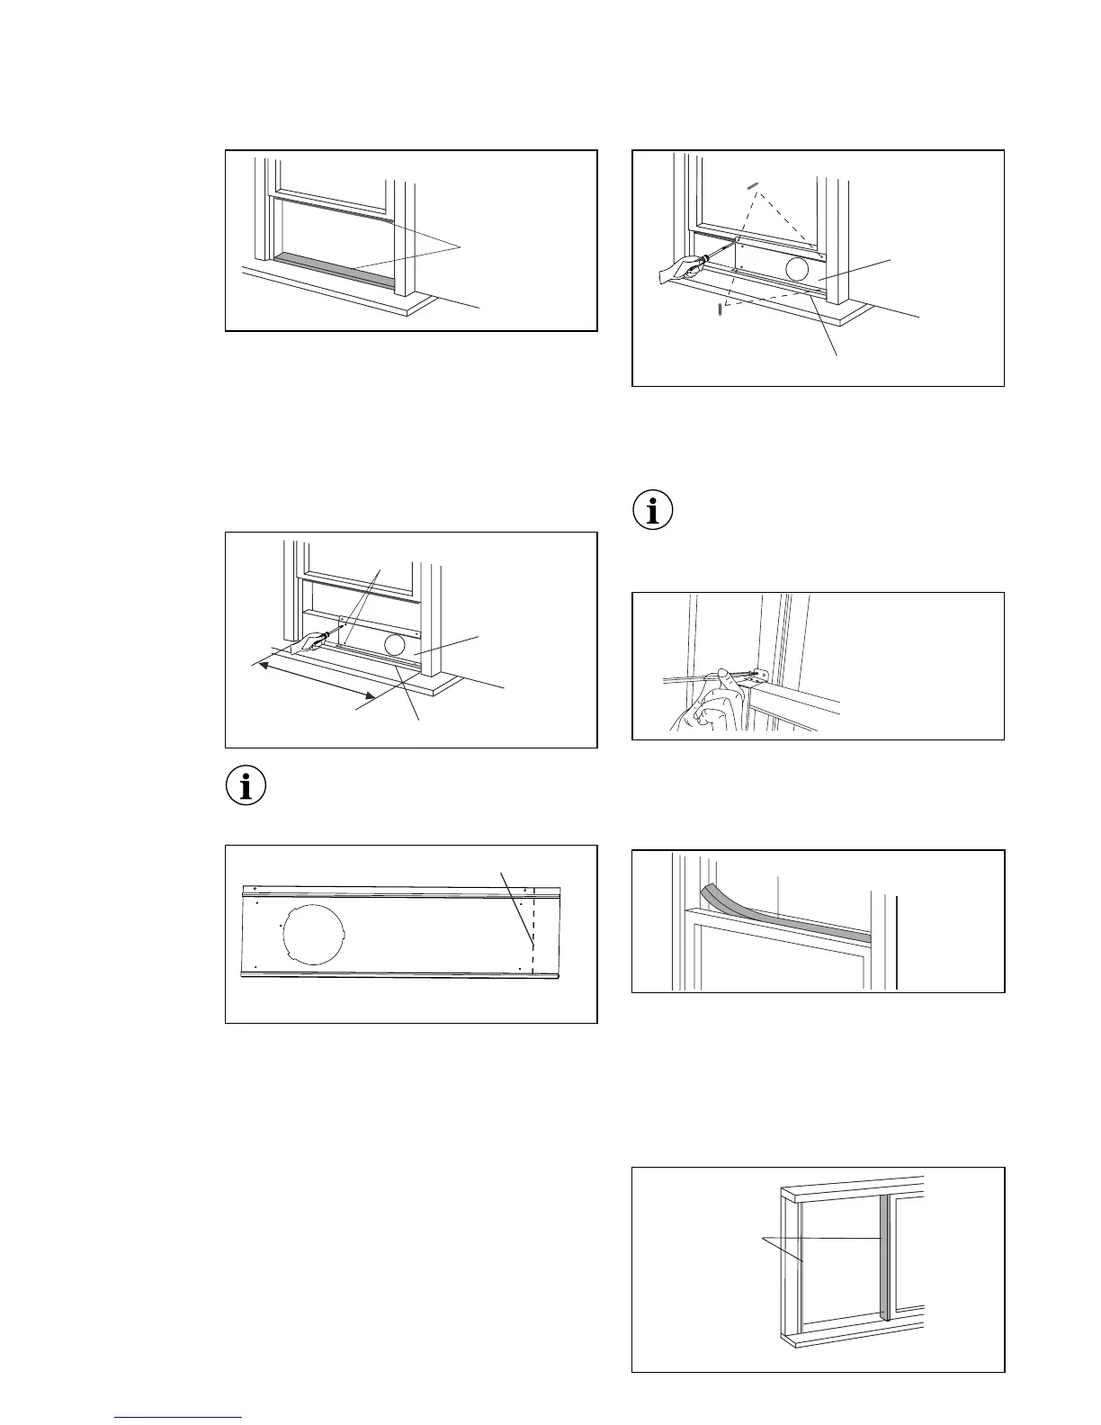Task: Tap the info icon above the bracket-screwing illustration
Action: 653,510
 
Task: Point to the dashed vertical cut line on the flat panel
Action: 533,936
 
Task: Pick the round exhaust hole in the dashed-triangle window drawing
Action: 797,269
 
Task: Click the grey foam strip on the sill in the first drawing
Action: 333,269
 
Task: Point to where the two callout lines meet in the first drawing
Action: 461,246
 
